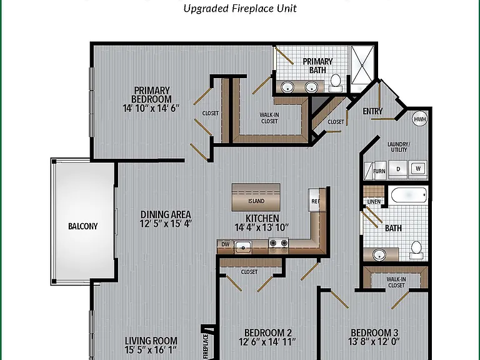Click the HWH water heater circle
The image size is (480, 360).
pos(420,119)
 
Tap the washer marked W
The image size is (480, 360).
pos(418,169)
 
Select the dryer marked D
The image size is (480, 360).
pos(398,169)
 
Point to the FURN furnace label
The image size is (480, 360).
pos(379,171)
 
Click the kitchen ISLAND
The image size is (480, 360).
pos(256,197)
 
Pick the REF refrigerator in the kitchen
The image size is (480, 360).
pos(315,200)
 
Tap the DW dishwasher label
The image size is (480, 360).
pos(225,244)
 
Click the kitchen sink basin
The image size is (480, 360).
pos(243,247)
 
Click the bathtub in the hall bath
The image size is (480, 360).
pos(409,195)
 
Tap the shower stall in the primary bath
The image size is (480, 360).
pos(362,65)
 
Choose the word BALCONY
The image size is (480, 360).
pos(82,226)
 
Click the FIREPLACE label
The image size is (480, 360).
pos(205,347)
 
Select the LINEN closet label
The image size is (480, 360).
pos(374,202)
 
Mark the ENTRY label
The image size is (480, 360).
pos(372,111)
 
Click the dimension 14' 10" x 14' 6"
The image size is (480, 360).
pos(151,108)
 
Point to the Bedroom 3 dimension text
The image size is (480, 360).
pos(374,341)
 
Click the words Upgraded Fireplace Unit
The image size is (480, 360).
pos(240,8)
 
